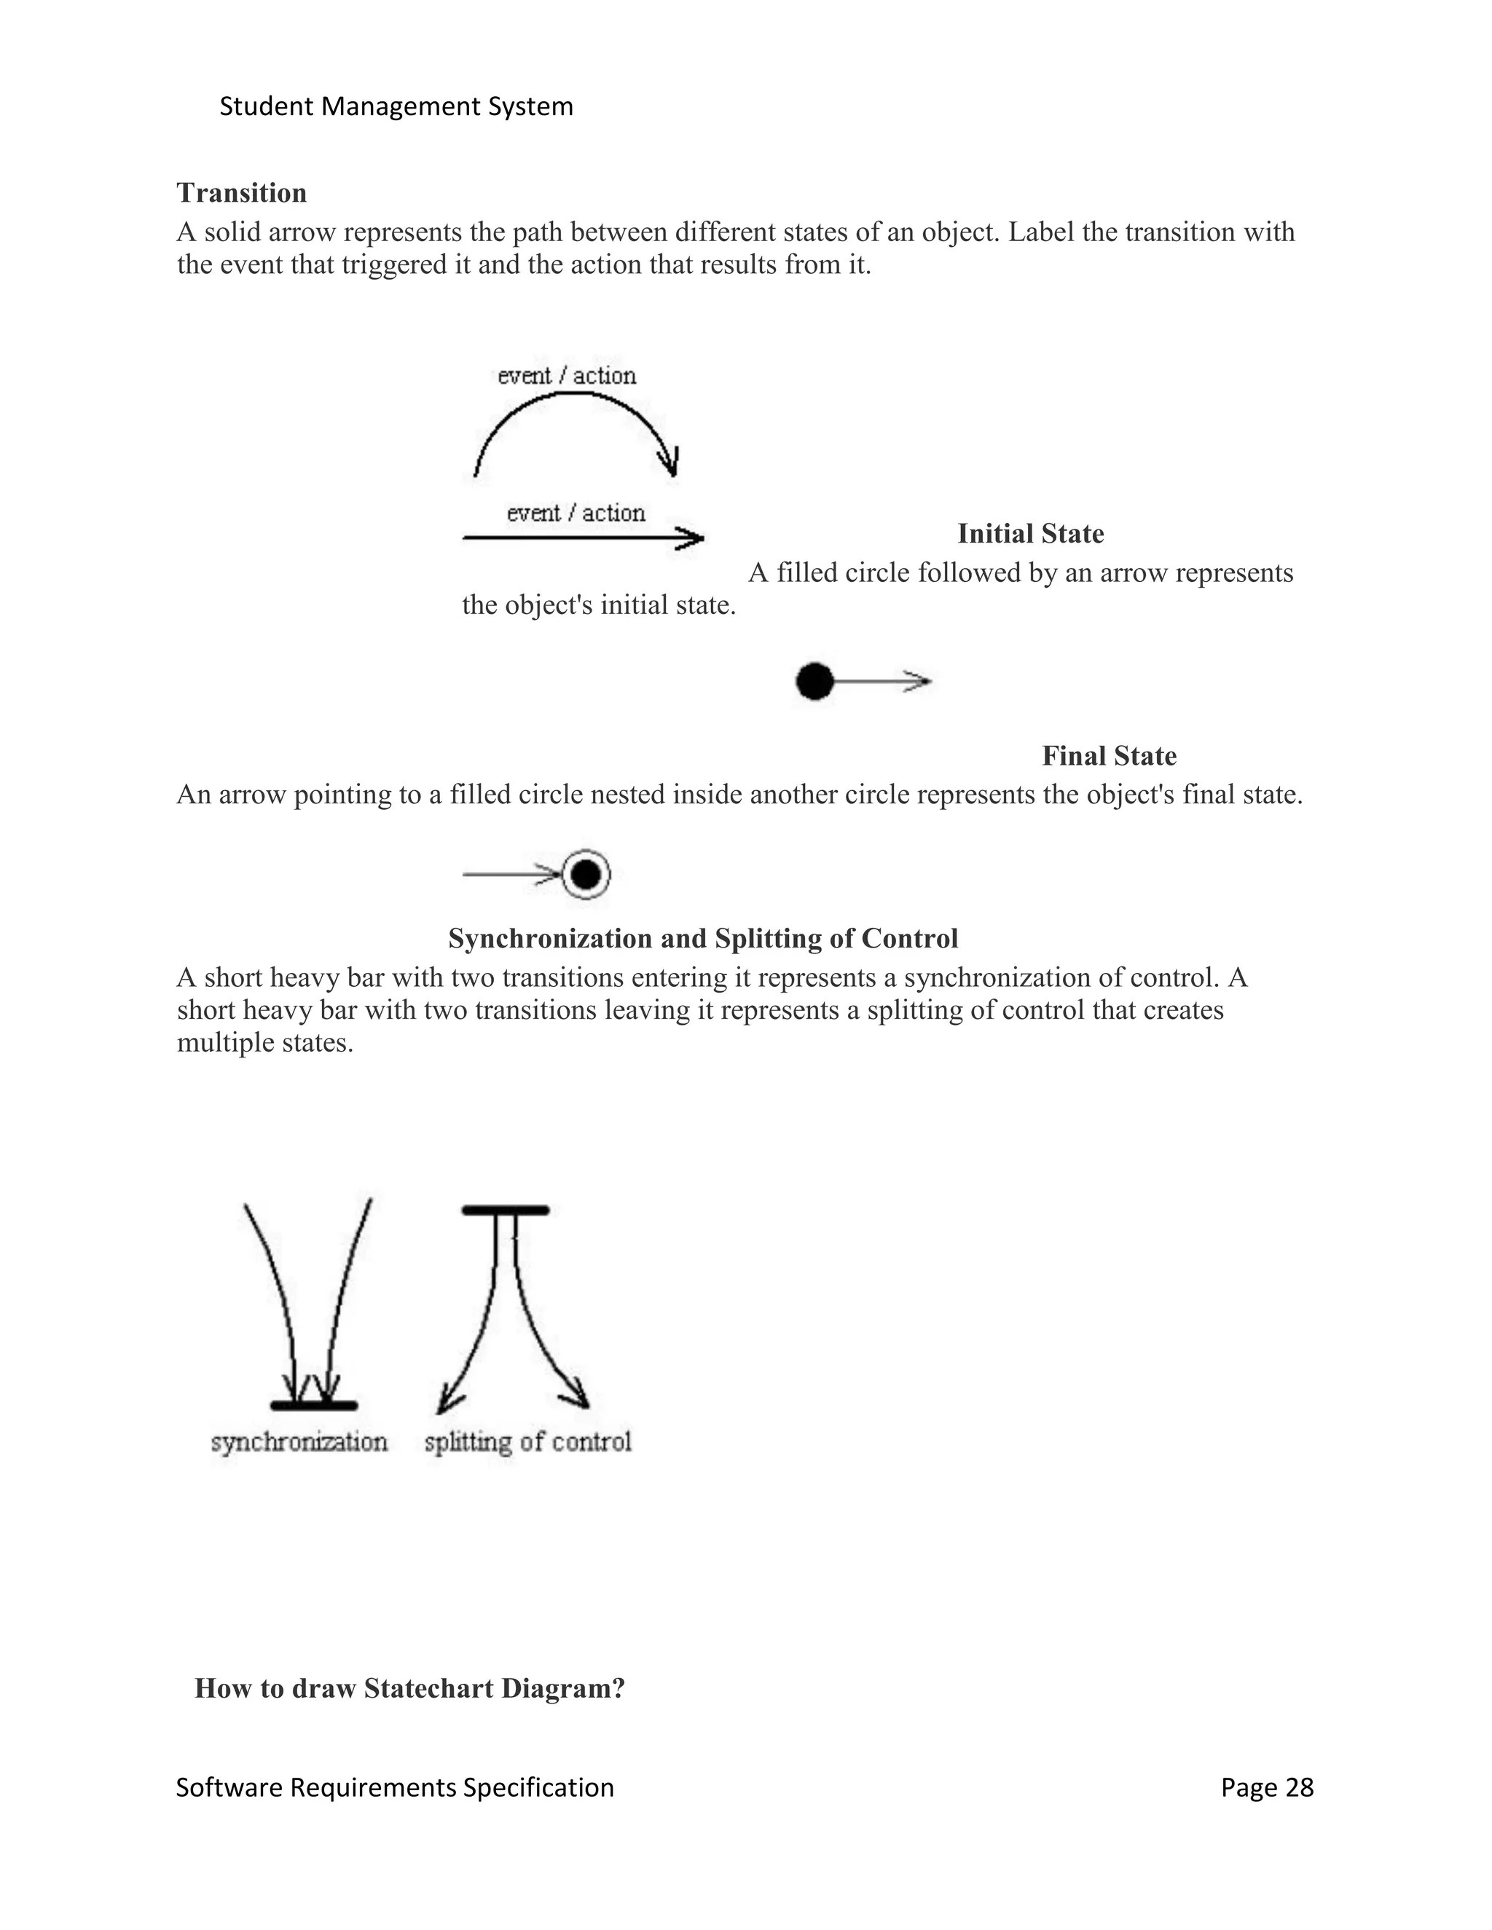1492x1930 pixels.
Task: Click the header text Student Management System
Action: click(396, 107)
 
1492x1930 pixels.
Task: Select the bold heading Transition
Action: click(241, 193)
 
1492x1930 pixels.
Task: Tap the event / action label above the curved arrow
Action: click(567, 376)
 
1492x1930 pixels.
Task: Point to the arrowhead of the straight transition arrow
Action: click(691, 537)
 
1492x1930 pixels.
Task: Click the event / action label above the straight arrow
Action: click(576, 513)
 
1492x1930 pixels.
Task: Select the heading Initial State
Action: click(1031, 534)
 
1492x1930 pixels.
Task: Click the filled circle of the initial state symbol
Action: click(814, 682)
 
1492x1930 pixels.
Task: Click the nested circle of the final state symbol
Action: click(585, 875)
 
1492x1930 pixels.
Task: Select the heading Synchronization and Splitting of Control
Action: click(703, 939)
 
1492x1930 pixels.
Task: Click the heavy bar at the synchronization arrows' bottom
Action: click(314, 1405)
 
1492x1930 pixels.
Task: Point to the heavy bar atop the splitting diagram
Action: click(506, 1210)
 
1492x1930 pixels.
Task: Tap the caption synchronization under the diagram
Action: click(299, 1442)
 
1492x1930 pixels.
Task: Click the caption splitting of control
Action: click(527, 1442)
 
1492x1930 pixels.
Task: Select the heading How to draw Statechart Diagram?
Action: click(409, 1689)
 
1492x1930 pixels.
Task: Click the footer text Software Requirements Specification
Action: click(394, 1788)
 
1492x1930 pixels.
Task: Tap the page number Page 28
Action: click(1267, 1788)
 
